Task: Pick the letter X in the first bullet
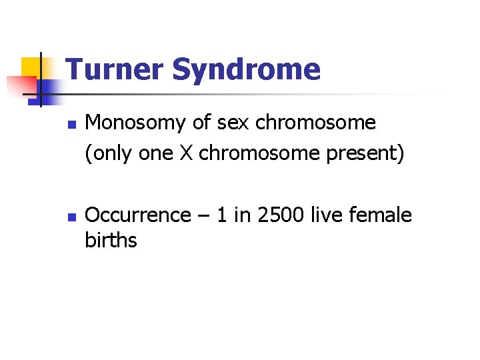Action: (x=186, y=153)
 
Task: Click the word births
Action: (x=111, y=240)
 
